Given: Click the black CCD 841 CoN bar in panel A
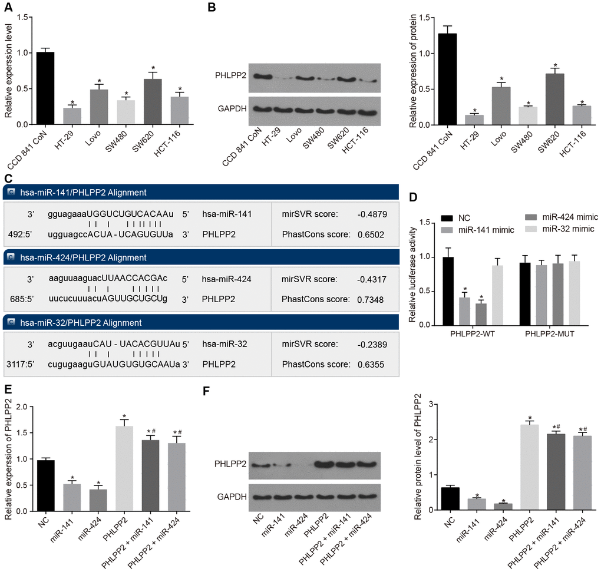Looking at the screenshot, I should [45, 88].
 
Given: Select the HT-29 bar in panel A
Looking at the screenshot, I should [72, 116].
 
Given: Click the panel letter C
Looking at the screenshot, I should [6, 178].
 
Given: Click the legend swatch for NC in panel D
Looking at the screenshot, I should [430, 217].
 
